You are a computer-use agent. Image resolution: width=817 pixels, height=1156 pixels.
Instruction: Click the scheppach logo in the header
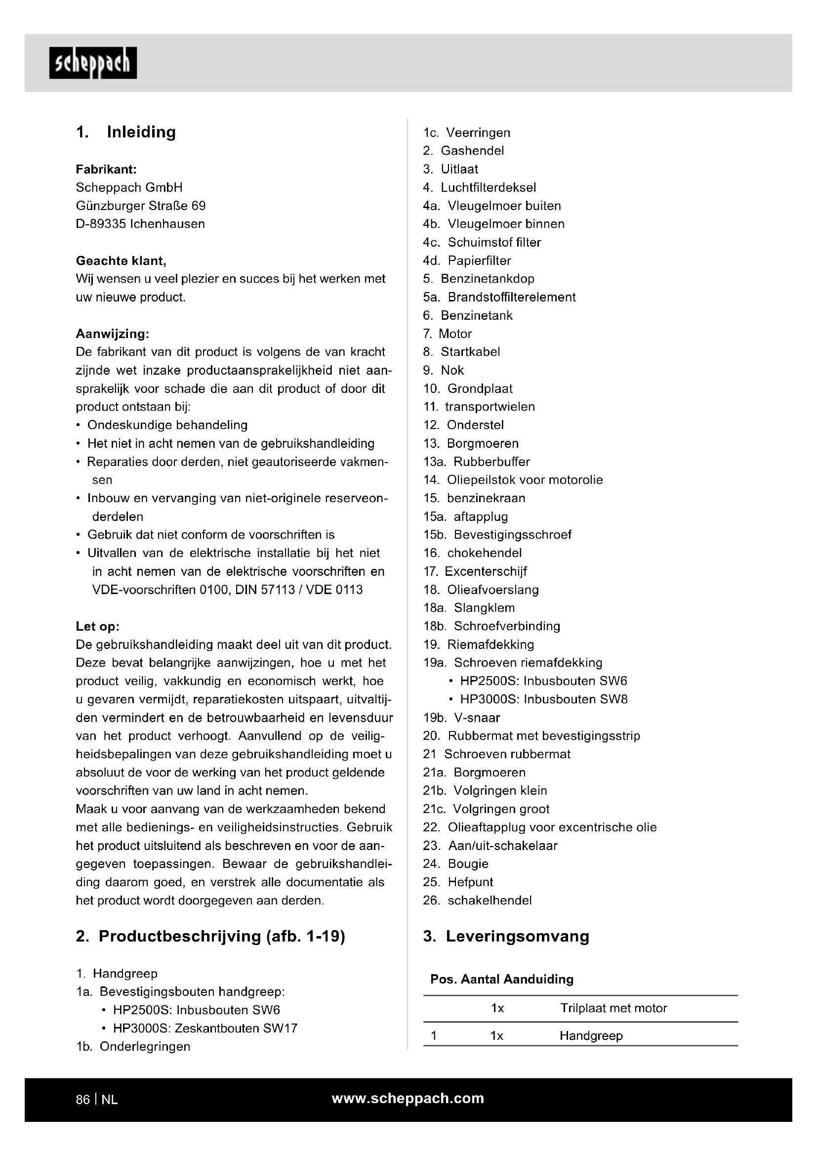tap(93, 63)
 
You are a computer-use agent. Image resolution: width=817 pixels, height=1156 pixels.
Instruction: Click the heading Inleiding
tap(141, 132)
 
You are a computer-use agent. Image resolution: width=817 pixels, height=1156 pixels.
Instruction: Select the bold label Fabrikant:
tap(106, 169)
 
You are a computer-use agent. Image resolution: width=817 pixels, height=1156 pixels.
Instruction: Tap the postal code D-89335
tap(101, 224)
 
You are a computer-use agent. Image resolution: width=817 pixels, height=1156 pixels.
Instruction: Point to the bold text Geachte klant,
tap(121, 261)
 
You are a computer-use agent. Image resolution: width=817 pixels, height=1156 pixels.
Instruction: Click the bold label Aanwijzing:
tap(112, 334)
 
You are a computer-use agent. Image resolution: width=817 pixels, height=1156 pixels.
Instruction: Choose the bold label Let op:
tap(98, 626)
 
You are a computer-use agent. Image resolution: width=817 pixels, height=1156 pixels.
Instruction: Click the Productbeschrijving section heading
tap(210, 936)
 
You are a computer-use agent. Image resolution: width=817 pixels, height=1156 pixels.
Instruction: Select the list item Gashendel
tap(472, 151)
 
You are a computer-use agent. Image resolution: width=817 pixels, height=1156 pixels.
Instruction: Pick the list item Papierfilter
tap(479, 261)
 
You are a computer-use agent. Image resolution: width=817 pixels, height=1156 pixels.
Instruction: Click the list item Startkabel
tap(470, 352)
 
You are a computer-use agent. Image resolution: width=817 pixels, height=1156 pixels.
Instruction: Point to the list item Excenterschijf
tap(486, 571)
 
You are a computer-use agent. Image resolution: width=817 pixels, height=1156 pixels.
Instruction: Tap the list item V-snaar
tap(476, 718)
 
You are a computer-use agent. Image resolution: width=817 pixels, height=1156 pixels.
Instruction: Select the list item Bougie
tap(468, 864)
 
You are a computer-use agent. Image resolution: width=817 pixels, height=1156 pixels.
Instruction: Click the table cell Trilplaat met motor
tap(613, 1008)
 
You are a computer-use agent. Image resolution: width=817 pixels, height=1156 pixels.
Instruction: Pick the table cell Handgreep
tap(591, 1036)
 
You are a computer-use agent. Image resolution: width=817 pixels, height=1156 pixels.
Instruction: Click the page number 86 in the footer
tap(83, 1100)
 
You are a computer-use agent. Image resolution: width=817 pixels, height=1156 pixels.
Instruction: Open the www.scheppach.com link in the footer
tap(408, 1099)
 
